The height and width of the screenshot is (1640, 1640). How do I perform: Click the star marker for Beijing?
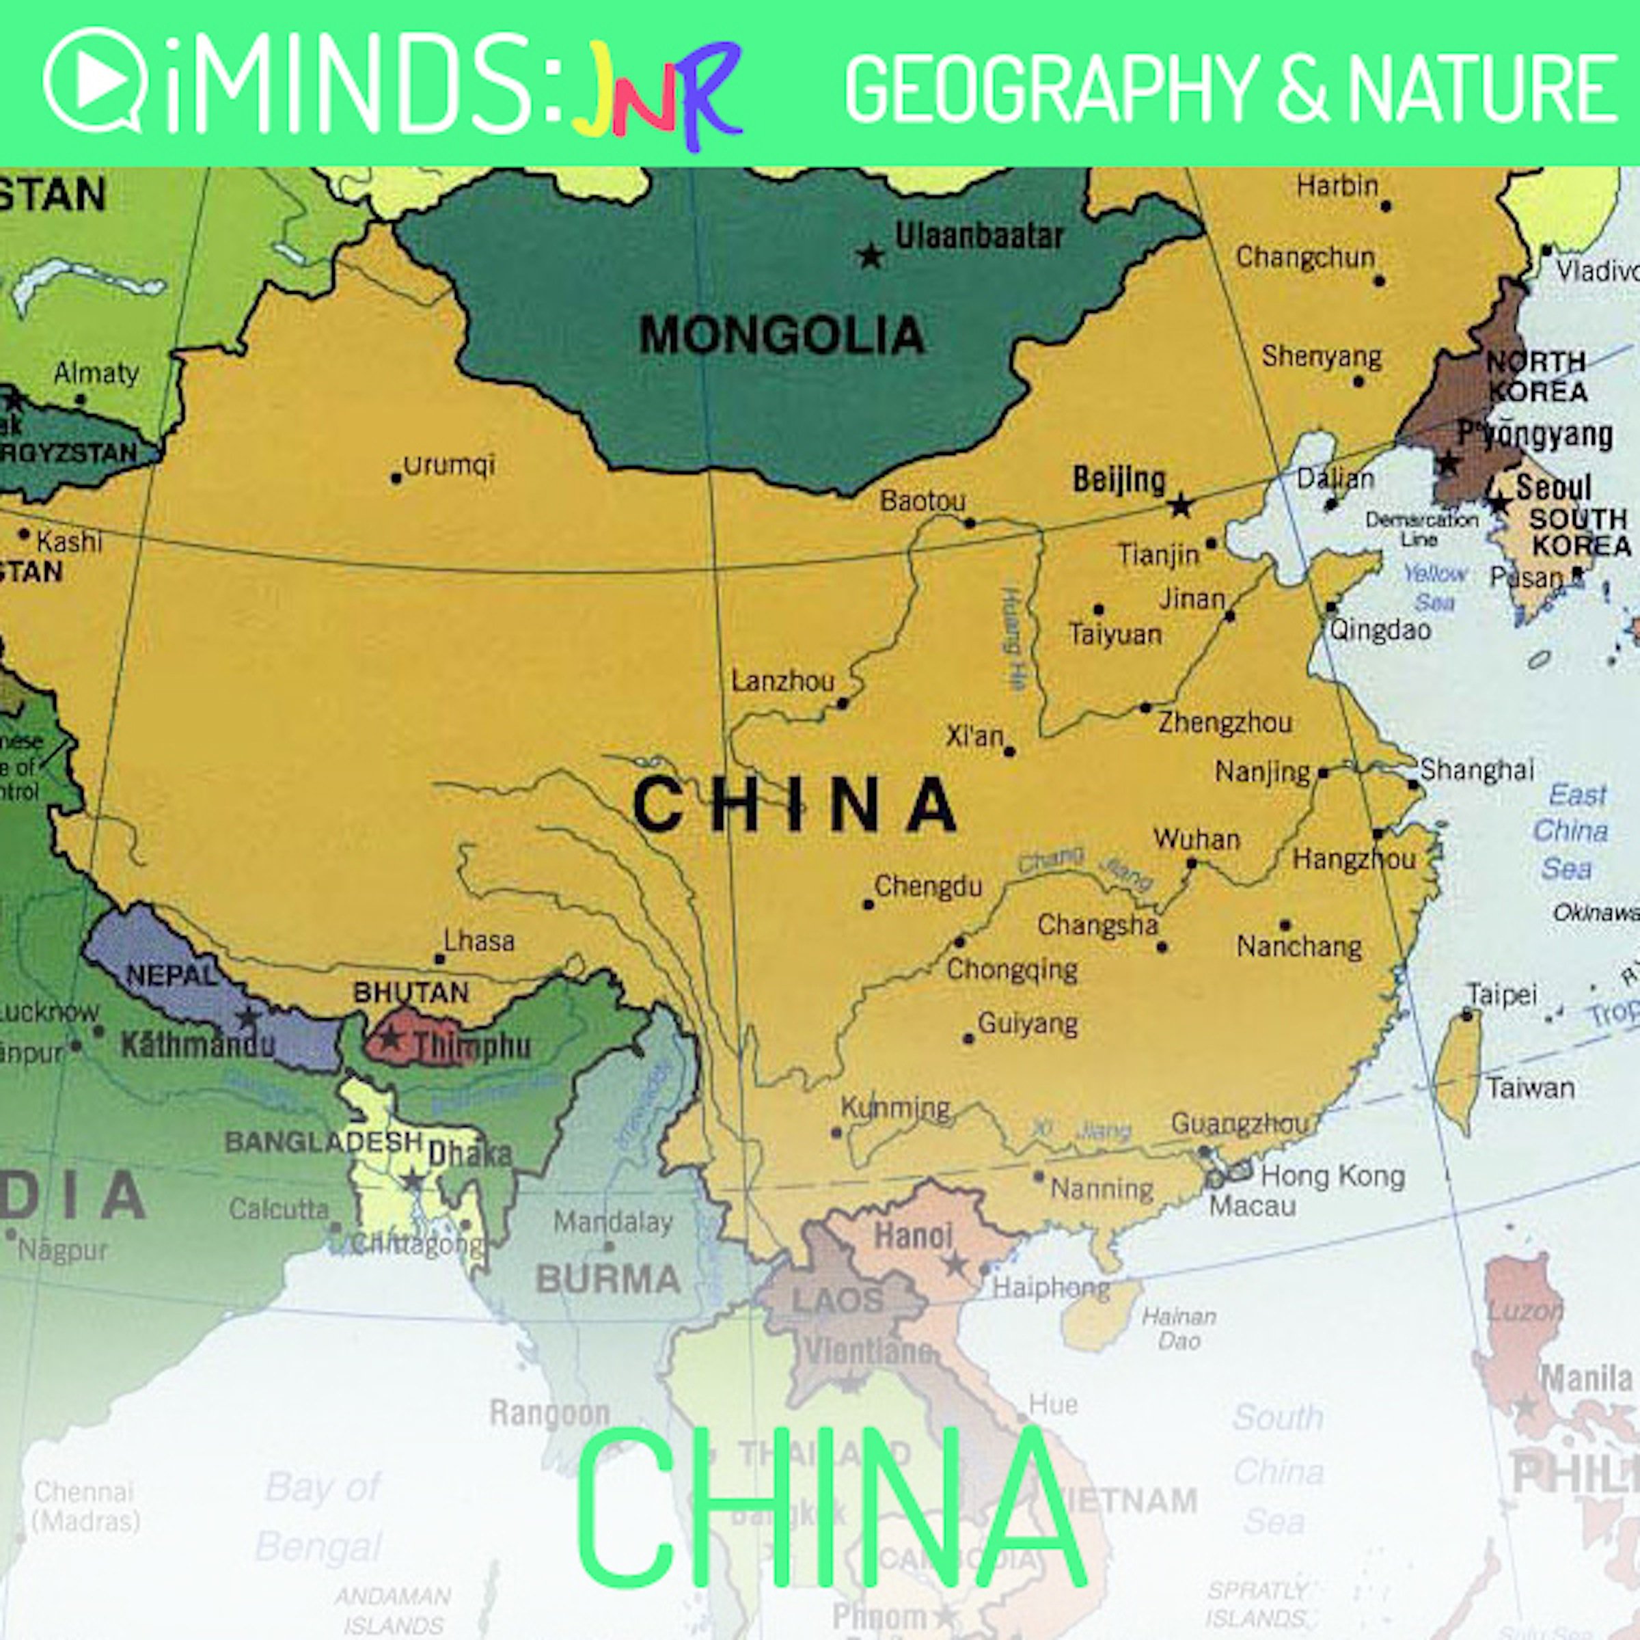(1180, 507)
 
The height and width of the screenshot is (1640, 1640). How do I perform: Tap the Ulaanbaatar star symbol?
(869, 256)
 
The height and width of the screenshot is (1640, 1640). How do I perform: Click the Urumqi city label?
(448, 465)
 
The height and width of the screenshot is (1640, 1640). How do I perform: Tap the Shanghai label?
(1477, 769)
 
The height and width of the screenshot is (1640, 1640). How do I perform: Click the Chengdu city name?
(928, 886)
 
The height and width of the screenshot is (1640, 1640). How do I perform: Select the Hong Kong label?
(1332, 1175)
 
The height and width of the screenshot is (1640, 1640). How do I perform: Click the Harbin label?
(1337, 185)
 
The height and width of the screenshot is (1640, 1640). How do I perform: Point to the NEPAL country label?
(172, 975)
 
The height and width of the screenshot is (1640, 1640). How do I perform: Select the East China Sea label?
(1570, 831)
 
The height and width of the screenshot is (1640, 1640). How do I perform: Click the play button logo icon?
(95, 81)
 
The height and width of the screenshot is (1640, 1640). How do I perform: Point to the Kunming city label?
(896, 1108)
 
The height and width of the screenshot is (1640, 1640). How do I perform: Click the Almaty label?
(96, 372)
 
